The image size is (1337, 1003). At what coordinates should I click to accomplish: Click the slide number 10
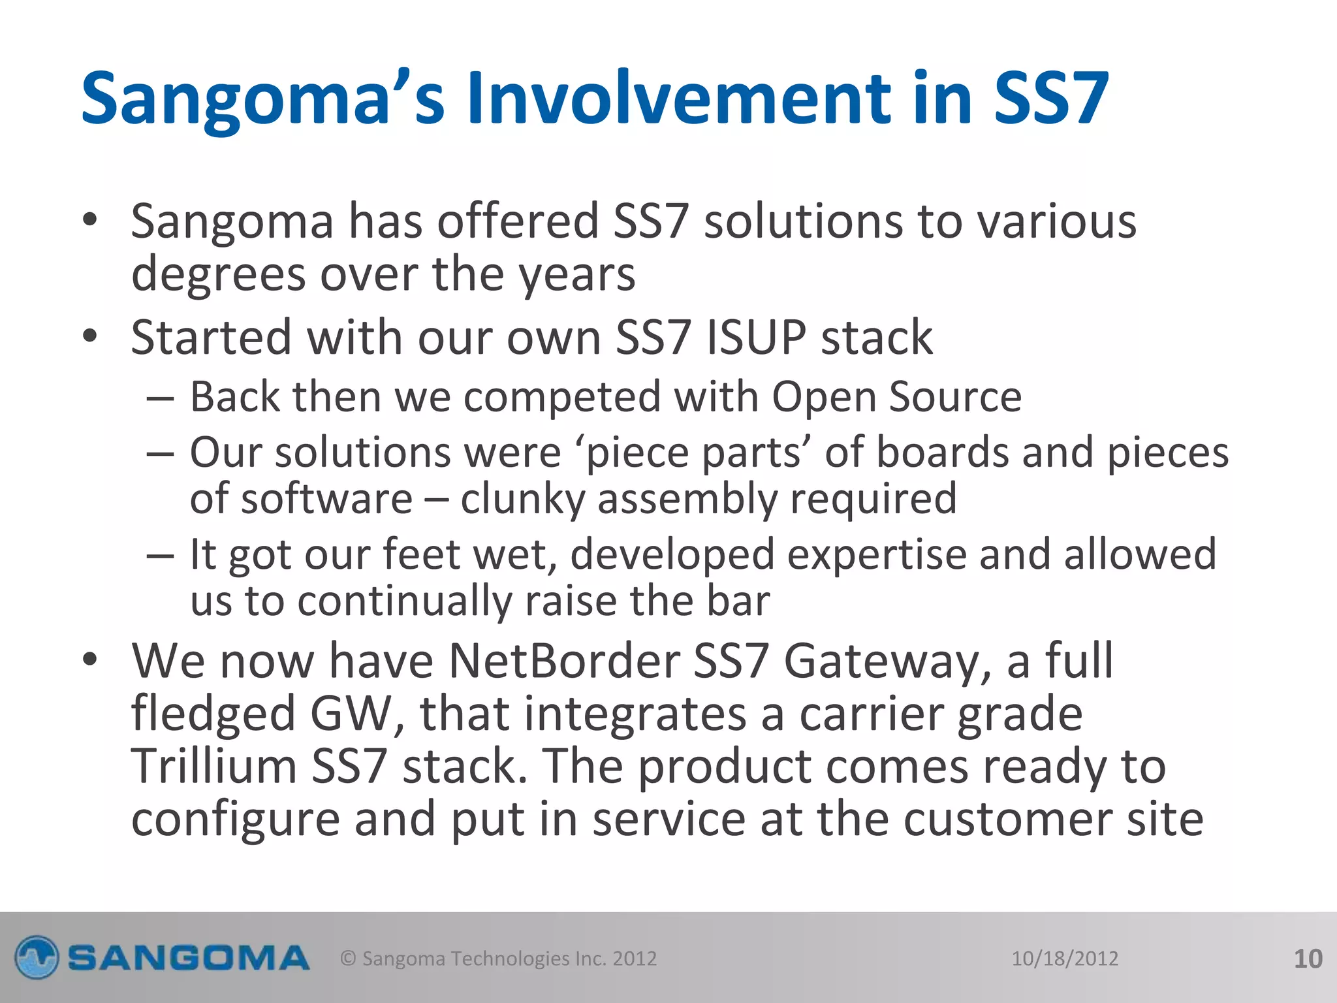tap(1308, 959)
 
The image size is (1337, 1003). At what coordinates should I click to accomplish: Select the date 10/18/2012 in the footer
tap(1065, 959)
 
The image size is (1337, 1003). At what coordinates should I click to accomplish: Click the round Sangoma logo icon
tap(37, 958)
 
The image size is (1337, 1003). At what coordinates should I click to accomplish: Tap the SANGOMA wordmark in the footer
tap(188, 959)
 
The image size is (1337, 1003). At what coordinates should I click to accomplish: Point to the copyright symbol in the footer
tap(349, 959)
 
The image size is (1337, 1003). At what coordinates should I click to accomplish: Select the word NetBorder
tap(563, 661)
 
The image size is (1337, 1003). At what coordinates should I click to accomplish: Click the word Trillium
tap(214, 766)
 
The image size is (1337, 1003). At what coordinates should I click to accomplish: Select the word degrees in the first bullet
tap(218, 275)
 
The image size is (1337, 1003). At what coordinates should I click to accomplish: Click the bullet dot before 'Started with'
tap(90, 336)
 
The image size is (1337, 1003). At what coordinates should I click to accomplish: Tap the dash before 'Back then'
tap(160, 398)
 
